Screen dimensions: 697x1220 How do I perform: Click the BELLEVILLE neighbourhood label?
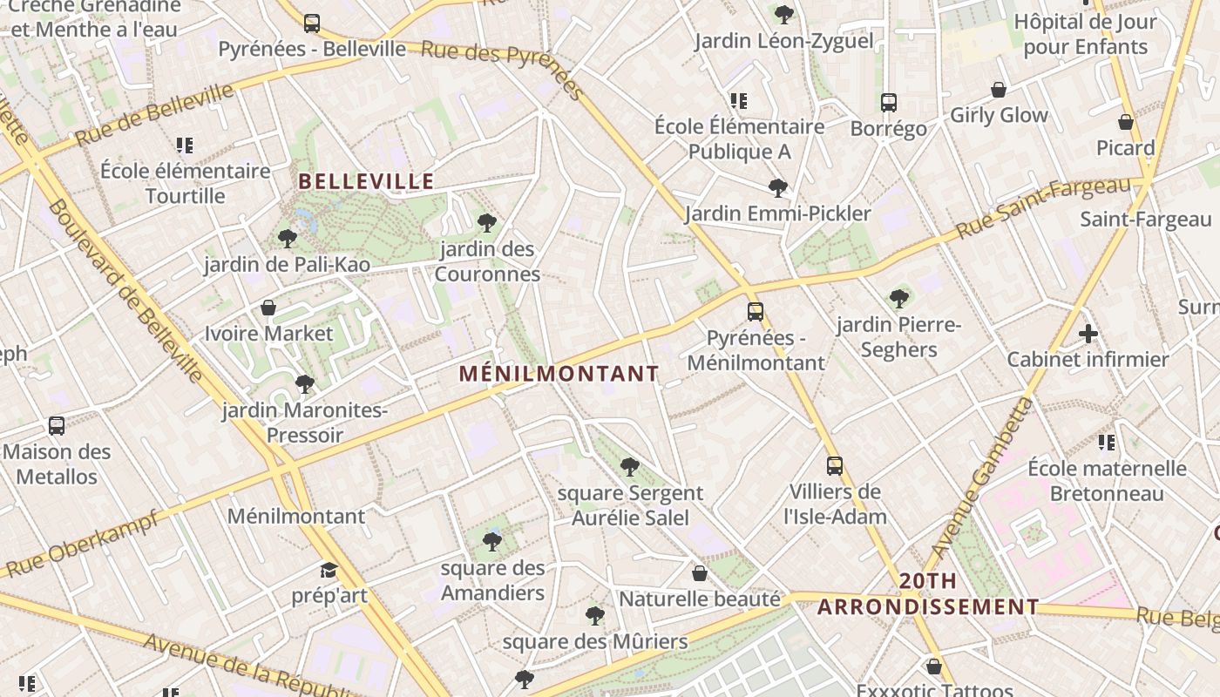click(366, 181)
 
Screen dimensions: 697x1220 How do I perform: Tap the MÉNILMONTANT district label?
click(559, 374)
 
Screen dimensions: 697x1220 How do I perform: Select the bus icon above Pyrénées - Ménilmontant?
click(756, 311)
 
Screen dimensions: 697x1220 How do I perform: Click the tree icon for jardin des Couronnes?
click(487, 223)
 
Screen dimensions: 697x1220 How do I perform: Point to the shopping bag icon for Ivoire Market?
click(268, 308)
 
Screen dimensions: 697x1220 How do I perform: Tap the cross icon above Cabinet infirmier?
click(1088, 333)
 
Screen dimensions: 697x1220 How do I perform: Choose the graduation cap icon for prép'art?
click(329, 570)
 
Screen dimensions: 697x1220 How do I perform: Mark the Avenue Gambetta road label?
click(981, 478)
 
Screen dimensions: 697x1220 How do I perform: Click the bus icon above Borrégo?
click(888, 103)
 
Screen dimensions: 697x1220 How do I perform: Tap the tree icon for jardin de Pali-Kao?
click(287, 238)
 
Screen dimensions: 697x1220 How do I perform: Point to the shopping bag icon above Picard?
click(1126, 122)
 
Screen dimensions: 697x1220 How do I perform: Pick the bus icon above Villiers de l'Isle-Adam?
click(835, 465)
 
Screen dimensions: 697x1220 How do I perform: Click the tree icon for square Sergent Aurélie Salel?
click(629, 467)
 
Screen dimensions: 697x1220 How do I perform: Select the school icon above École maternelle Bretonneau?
click(1107, 443)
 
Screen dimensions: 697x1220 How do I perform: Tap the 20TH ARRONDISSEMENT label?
click(928, 594)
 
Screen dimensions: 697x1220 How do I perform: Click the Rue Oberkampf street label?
click(83, 543)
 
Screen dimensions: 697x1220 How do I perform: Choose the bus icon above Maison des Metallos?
click(57, 426)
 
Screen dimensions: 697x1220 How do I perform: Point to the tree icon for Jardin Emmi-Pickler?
click(777, 187)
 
